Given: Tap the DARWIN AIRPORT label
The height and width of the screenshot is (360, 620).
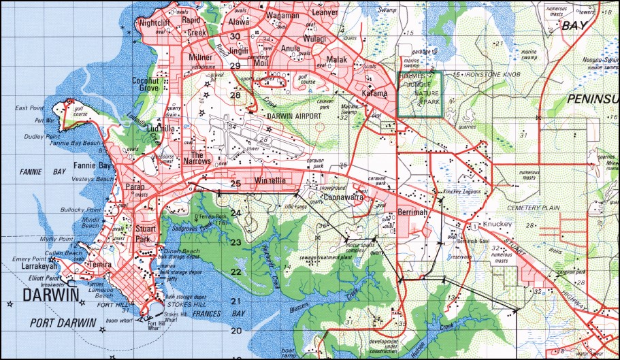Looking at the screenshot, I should (x=293, y=116).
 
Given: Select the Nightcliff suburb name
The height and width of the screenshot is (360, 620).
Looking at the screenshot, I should (x=153, y=22).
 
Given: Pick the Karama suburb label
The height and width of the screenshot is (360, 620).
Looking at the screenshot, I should (x=374, y=93).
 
